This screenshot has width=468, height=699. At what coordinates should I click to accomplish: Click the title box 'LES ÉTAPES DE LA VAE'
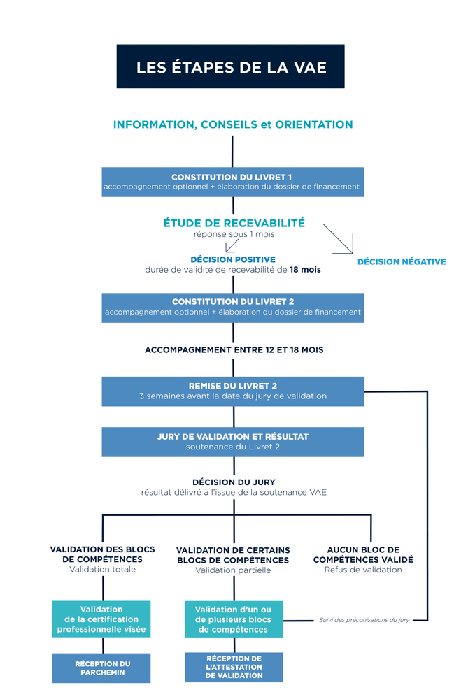230,66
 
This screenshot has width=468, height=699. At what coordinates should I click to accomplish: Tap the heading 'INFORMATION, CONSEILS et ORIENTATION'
233,124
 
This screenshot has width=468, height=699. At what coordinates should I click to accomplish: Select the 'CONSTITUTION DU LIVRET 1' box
233,182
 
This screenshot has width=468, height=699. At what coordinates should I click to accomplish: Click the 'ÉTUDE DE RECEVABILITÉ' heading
234,223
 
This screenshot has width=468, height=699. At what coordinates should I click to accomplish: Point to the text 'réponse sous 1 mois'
234,234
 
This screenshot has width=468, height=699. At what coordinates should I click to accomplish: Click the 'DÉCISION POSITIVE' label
233,259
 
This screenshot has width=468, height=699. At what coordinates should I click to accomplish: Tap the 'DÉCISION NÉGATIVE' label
402,261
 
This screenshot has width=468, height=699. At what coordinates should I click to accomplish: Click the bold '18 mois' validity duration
305,270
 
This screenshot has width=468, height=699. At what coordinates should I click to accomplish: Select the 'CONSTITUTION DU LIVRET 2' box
233,308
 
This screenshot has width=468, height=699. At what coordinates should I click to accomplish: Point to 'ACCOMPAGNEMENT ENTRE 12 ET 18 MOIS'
234,350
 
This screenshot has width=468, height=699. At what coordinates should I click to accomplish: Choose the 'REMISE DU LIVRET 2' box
233,391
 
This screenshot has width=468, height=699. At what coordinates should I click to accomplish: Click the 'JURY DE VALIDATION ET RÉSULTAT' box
233,442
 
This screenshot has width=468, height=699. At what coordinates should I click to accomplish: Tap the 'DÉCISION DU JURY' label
234,482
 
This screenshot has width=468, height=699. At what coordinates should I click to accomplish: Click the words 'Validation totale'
102,569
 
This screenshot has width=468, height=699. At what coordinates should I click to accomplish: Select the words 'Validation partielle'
233,570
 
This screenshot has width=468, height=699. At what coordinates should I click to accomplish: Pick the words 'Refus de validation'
363,570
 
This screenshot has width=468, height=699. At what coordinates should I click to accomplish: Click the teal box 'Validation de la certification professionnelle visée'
101,619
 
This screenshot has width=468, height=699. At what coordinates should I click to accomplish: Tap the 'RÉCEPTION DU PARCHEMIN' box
101,668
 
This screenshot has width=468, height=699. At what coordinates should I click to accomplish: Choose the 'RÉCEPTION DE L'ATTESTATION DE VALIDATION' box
234,668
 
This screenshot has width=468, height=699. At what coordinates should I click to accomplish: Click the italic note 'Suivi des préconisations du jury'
364,619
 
